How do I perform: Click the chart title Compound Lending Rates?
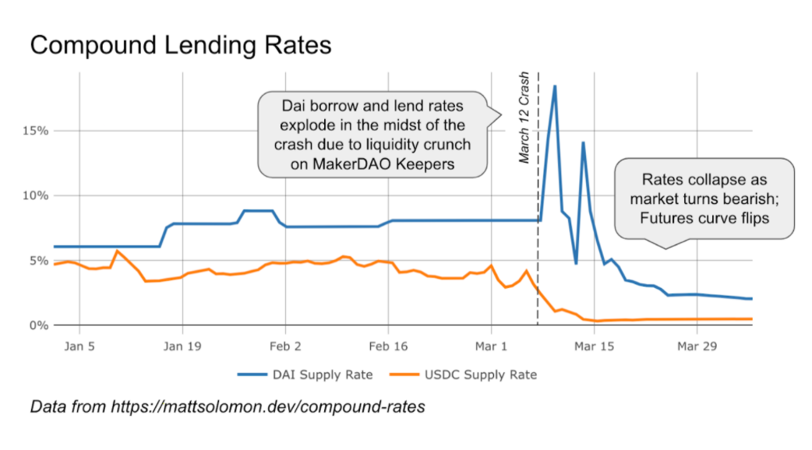pyautogui.click(x=180, y=45)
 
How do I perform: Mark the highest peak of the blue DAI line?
pyautogui.click(x=555, y=86)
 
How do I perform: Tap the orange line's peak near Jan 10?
pyautogui.click(x=117, y=251)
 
